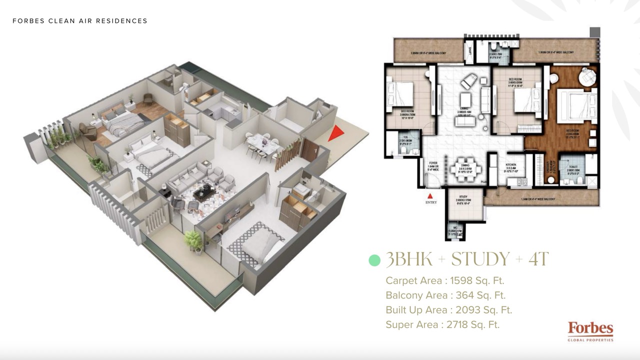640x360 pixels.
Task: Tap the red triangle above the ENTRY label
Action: [x=428, y=196]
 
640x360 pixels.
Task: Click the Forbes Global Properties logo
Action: [x=590, y=331]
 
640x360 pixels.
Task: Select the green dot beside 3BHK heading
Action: [x=374, y=260]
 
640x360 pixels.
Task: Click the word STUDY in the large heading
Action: [x=480, y=259]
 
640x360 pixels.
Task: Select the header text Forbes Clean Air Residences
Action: [x=80, y=21]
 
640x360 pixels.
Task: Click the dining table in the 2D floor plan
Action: [x=465, y=170]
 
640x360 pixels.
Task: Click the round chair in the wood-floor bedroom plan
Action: [x=587, y=77]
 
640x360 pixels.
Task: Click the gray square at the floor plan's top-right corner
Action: [x=594, y=32]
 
